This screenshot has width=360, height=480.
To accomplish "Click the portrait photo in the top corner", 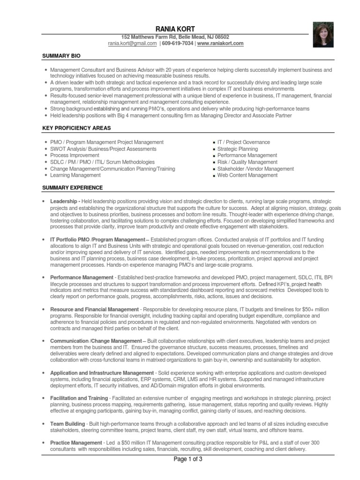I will click(x=323, y=35).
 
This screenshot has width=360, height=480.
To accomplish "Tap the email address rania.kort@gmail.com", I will click(x=132, y=44).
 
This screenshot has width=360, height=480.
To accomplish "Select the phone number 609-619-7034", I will click(x=177, y=44).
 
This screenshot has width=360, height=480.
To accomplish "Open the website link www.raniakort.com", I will click(x=220, y=44).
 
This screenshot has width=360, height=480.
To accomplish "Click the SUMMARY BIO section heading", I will click(x=61, y=56).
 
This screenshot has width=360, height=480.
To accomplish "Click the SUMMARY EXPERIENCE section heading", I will click(x=72, y=187).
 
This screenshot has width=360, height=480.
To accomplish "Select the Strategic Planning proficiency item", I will click(x=237, y=149).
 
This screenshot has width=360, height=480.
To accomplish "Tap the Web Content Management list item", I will click(x=247, y=175).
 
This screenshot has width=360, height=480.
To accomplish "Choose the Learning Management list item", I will click(x=75, y=175).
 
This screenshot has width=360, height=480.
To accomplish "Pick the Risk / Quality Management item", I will click(x=247, y=162).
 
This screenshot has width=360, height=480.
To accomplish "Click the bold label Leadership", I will click(x=64, y=201).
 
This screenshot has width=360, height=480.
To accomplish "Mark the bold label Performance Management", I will click(x=82, y=277).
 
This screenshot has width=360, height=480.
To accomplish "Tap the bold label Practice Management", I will click(x=75, y=442).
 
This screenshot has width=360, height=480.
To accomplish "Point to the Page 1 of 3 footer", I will click(x=188, y=459).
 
